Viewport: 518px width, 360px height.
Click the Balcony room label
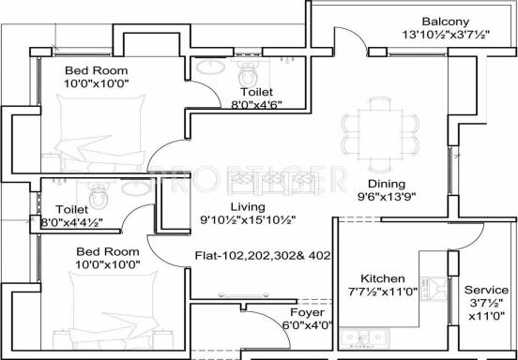pos(446,22)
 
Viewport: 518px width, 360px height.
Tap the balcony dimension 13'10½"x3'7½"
pos(446,35)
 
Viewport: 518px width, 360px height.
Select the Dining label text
pos(387,184)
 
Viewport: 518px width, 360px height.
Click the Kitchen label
pos(383,278)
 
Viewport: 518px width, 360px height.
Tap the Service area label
pos(486,290)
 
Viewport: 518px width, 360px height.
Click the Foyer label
pos(307,312)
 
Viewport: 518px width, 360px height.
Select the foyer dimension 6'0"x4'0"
pos(307,325)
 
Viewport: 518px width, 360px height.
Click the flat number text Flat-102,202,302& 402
pos(263,256)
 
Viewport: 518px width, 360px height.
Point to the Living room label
pos(248,207)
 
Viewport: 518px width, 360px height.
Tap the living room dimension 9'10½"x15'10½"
pos(248,220)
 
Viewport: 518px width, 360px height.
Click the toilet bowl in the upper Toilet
pos(248,75)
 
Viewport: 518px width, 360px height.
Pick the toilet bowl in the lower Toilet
pos(99,196)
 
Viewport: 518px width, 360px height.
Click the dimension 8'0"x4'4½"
pos(71,222)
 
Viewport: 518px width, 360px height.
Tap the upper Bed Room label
pos(96,70)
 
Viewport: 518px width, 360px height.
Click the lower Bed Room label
pos(108,252)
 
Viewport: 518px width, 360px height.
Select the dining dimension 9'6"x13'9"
pos(387,197)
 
